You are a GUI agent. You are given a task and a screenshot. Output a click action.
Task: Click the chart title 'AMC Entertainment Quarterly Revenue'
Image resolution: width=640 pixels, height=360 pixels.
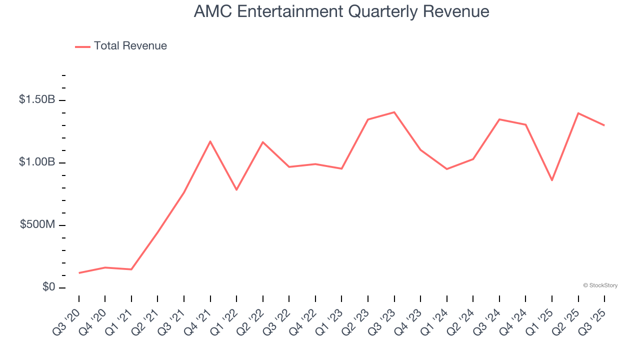(341, 11)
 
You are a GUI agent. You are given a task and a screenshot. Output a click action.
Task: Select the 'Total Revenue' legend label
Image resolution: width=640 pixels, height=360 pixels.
(130, 46)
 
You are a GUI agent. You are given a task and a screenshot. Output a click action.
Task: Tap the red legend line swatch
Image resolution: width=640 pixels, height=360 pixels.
(82, 46)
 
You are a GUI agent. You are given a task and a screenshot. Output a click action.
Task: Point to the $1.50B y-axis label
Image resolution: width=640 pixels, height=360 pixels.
(37, 99)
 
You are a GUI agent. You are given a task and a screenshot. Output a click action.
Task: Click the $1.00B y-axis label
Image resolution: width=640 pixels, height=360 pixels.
(37, 162)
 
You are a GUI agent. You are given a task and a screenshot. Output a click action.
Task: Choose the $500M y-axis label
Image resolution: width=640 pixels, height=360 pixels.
(37, 224)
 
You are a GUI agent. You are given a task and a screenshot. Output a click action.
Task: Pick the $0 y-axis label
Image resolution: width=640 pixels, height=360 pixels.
(48, 287)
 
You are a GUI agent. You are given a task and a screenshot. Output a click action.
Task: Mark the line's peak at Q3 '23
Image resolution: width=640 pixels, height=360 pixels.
(394, 112)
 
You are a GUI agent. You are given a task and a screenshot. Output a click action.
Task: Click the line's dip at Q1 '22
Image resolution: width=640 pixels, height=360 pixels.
(236, 190)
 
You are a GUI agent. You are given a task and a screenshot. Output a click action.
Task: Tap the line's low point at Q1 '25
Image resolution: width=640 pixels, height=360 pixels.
(552, 180)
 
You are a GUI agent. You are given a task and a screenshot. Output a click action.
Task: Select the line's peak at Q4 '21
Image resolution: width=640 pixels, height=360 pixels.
(210, 141)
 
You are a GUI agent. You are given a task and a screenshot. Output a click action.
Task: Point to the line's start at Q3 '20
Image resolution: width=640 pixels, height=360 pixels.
(79, 273)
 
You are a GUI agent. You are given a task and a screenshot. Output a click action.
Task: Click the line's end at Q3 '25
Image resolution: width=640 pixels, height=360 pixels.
(604, 125)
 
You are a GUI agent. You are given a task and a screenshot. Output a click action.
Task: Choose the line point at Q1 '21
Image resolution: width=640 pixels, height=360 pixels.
(131, 269)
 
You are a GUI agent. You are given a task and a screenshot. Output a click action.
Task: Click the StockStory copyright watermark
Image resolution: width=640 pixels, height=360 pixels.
(600, 285)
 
